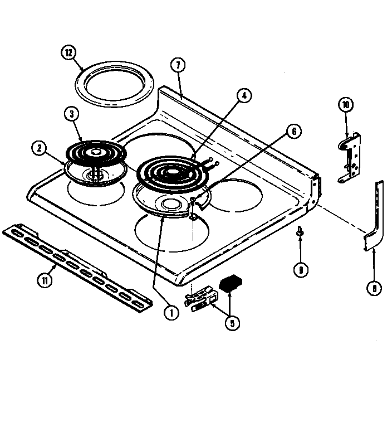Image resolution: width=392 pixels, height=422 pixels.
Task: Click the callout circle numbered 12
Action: coord(68,54)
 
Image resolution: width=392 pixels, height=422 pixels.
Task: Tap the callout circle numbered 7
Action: coord(178,65)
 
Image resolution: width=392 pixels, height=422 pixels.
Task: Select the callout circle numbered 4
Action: coord(243,95)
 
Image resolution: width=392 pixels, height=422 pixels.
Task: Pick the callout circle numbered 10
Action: coord(345,104)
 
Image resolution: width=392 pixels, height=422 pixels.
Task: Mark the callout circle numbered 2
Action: coord(38,148)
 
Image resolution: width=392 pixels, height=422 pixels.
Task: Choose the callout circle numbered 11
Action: coord(43,281)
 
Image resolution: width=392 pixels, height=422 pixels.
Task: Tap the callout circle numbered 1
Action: coord(171,313)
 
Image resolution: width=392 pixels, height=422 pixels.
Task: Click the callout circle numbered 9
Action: coord(300,270)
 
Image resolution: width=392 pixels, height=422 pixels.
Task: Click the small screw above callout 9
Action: coord(300,230)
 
